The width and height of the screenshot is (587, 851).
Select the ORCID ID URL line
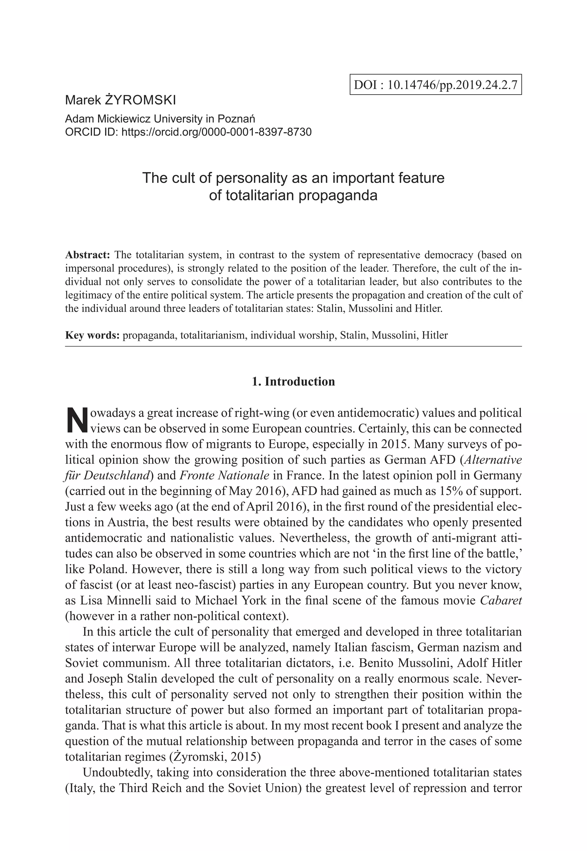point(188,131)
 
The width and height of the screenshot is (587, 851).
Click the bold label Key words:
point(92,335)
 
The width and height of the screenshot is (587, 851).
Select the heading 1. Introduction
point(293,381)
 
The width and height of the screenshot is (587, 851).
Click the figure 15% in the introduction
point(450,491)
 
